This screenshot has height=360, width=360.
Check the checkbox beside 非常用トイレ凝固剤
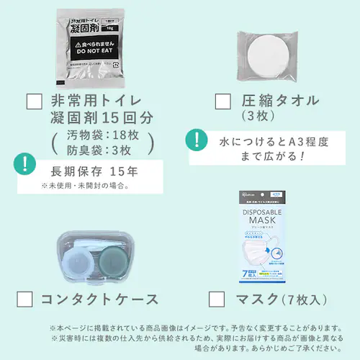click(34, 100)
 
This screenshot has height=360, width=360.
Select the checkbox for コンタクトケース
click(26, 298)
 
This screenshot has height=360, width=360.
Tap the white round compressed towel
click(269, 50)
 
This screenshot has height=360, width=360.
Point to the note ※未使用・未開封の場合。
click(85, 186)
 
